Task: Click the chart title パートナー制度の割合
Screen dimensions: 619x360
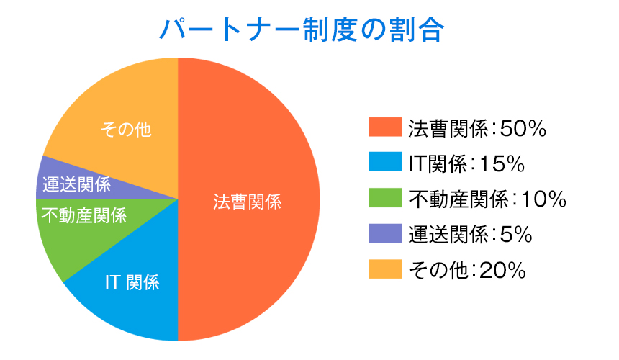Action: point(302,30)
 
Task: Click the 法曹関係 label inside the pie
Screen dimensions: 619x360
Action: point(248,202)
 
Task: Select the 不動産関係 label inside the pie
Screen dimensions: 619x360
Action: point(83,215)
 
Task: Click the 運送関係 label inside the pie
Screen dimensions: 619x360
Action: point(76,184)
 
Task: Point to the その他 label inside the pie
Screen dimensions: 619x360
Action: point(126,130)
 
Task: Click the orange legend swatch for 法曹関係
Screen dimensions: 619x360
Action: point(385,127)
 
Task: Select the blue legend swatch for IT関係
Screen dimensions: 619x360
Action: point(385,162)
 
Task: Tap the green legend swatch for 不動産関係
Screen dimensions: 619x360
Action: point(385,197)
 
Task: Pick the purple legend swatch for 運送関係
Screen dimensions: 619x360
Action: point(385,233)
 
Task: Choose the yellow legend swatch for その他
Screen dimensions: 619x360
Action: point(385,269)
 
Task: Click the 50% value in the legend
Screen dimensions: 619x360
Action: point(523,129)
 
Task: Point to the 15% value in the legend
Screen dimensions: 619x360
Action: point(502,164)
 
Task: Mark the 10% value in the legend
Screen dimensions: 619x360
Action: point(544,199)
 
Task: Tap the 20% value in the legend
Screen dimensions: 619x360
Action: point(502,271)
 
